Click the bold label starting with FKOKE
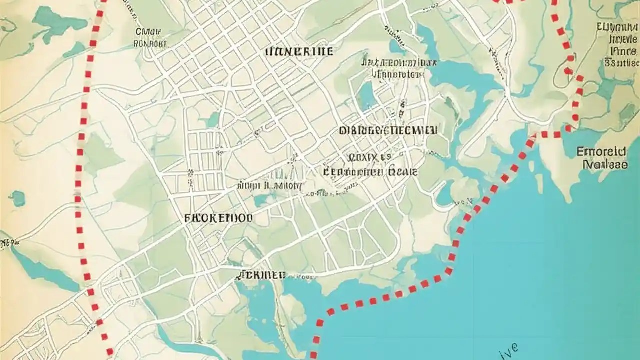coord(219,218)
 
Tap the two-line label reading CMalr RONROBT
coord(150,38)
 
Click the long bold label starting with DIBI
coord(388,131)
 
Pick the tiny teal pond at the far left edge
coord(17,198)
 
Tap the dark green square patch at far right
coord(627,113)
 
